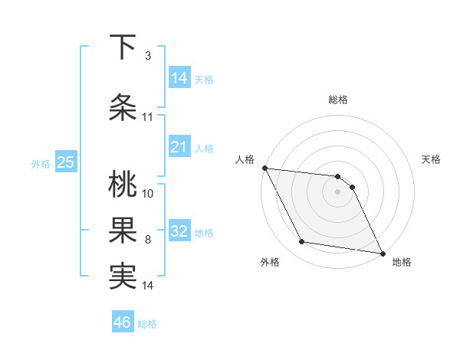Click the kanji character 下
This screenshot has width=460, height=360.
point(123,48)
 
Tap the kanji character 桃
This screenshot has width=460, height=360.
point(123,185)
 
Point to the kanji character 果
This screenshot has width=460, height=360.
point(123,231)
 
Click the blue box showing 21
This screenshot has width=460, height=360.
point(179,148)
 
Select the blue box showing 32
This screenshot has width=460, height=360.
point(179,232)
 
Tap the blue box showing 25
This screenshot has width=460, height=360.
point(66,162)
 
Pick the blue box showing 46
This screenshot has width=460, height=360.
point(123,322)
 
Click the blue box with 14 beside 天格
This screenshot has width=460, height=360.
point(179,78)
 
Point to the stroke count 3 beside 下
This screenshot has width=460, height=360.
point(147,56)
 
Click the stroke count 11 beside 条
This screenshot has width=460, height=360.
point(147,117)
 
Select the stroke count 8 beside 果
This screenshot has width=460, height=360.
point(147,240)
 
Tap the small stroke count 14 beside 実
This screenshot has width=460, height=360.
point(148,286)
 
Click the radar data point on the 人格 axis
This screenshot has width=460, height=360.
point(264,168)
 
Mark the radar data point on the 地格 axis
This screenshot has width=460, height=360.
point(381,252)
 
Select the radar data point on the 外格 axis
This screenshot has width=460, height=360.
point(302,242)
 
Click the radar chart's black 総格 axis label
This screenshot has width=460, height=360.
point(338,100)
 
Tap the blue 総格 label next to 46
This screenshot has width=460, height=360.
point(148,324)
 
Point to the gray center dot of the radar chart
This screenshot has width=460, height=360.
point(338,191)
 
